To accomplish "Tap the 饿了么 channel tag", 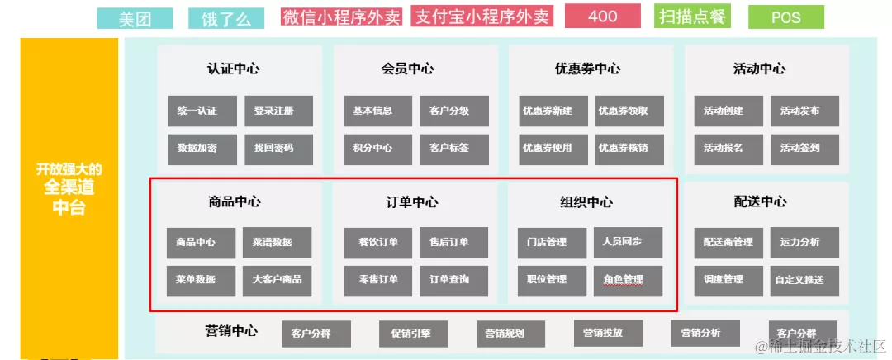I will coord(226,18).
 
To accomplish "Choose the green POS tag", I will coord(785,17).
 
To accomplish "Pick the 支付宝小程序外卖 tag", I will coord(482,17).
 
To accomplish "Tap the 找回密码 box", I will coord(278,149).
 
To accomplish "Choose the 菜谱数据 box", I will coord(277,243).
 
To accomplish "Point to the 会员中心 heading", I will coord(408,69).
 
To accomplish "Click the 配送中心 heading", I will coord(760,201).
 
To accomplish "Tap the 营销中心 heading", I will coord(231,331).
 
